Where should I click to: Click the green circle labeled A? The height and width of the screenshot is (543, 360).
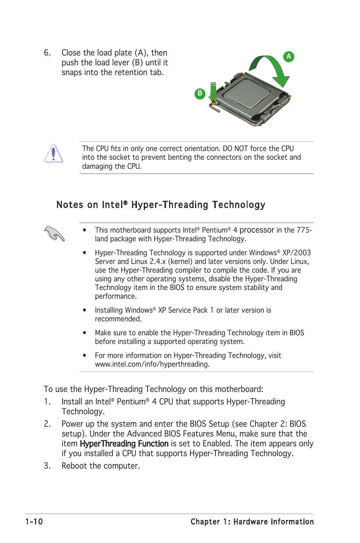(x=289, y=57)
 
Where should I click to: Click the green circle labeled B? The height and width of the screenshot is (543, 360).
(x=200, y=93)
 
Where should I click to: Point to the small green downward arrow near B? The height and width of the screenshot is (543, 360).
(x=213, y=93)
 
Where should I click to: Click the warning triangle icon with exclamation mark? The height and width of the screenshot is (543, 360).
(x=54, y=154)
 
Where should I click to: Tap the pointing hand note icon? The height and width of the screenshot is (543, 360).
(x=54, y=234)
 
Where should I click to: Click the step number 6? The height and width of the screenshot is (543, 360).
(x=47, y=53)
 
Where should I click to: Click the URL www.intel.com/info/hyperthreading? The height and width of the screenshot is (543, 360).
(x=152, y=364)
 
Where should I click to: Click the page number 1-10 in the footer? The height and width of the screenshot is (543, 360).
(x=34, y=521)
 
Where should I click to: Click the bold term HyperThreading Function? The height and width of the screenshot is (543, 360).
(x=124, y=444)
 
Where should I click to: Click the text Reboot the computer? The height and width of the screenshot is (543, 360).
(x=100, y=466)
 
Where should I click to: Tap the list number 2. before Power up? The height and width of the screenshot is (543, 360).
(x=47, y=424)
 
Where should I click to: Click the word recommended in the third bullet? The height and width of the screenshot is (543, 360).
(x=118, y=319)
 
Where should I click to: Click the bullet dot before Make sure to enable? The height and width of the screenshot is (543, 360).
(x=85, y=333)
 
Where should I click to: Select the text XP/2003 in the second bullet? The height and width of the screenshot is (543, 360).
(x=297, y=253)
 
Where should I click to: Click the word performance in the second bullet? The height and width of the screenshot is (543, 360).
(x=115, y=296)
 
